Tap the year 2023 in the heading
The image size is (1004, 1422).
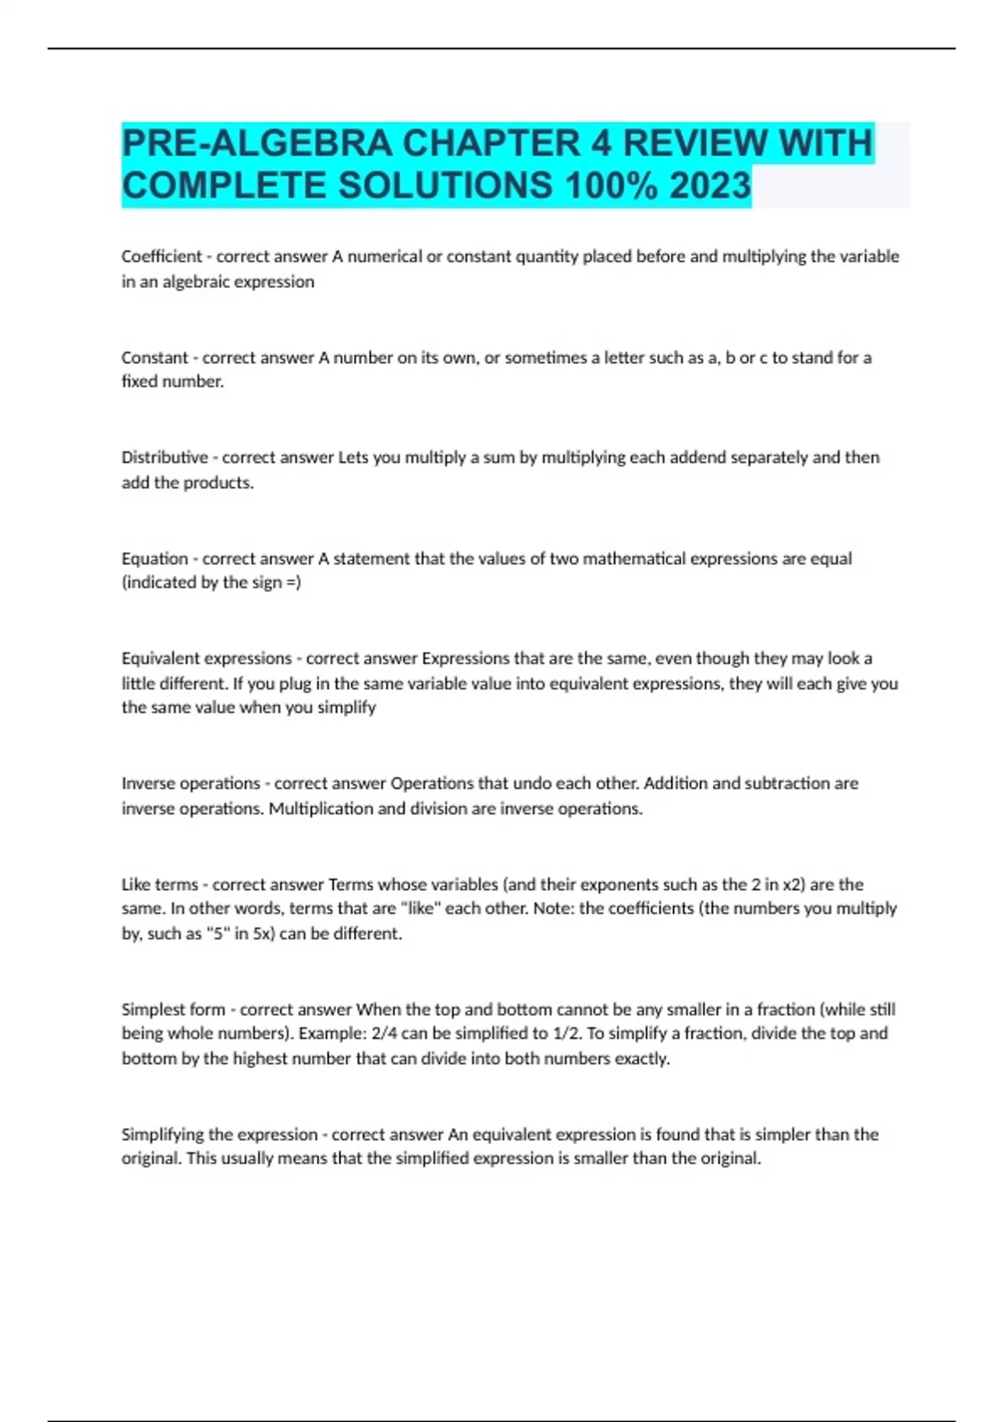709,186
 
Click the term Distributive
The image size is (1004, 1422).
164,458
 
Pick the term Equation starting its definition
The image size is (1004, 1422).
154,558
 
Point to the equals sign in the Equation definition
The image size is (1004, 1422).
291,582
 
